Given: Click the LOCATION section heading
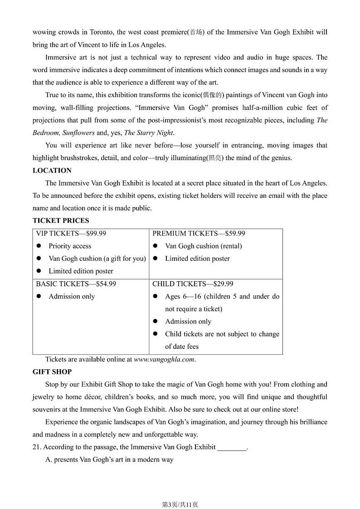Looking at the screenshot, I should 52,171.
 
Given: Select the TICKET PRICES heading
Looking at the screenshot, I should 61,221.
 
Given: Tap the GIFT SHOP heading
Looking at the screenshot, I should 52,372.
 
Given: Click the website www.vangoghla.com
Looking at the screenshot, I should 164,359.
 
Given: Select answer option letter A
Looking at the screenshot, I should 49,460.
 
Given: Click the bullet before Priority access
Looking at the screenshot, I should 39,246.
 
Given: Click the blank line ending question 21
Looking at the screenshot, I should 232,447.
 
